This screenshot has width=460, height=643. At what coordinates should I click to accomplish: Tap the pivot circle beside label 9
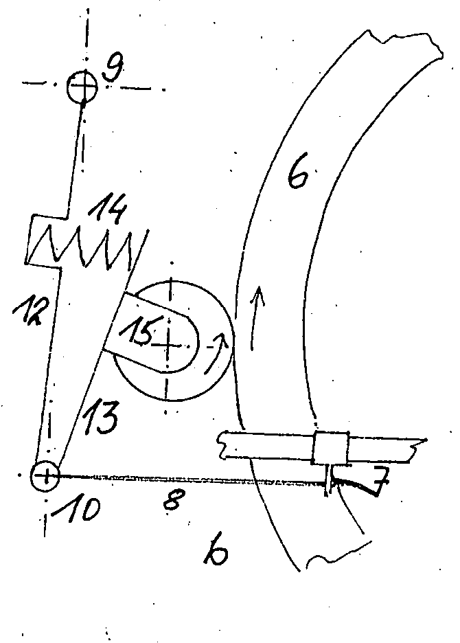coord(83,87)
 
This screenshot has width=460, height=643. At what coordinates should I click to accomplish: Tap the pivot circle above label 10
coord(45,475)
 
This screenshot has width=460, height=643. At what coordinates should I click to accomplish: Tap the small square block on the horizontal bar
coord(330,448)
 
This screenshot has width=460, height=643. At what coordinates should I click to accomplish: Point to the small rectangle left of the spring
coord(45,238)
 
